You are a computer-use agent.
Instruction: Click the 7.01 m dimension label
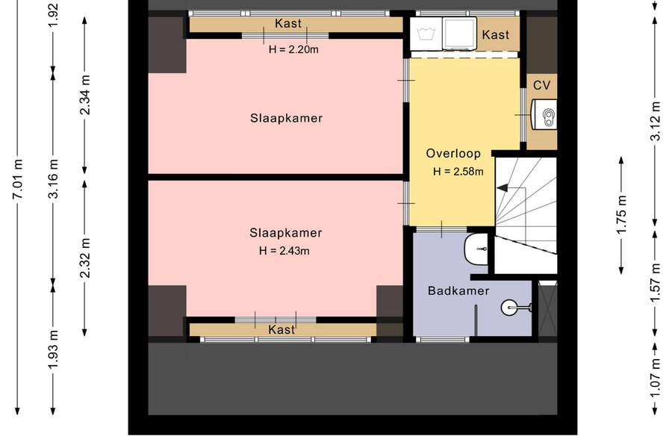[x=18, y=178]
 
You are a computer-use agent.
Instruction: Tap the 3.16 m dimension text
[x=53, y=178]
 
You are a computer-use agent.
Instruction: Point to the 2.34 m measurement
[x=85, y=95]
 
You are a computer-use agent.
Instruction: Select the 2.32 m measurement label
[x=85, y=258]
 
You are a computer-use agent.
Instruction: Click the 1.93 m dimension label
[x=53, y=349]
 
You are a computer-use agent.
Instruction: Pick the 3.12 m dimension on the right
[x=656, y=121]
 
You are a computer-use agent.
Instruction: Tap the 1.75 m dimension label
[x=621, y=215]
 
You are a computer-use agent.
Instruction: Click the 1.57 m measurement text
[x=656, y=283]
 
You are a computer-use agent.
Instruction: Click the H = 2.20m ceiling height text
[x=293, y=49]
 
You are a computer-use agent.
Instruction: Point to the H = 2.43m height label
[x=284, y=250]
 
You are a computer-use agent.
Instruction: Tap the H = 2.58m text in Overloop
[x=458, y=172]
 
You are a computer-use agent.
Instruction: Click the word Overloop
[x=453, y=153]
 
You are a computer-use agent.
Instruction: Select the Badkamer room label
[x=458, y=290]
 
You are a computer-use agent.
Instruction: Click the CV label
[x=542, y=85]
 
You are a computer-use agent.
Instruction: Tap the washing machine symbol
[x=426, y=34]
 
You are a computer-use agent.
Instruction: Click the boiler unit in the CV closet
[x=544, y=114]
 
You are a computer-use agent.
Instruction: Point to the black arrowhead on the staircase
[x=502, y=187]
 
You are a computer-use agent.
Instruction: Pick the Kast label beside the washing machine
[x=496, y=34]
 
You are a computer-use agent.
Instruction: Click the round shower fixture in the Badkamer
[x=508, y=307]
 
